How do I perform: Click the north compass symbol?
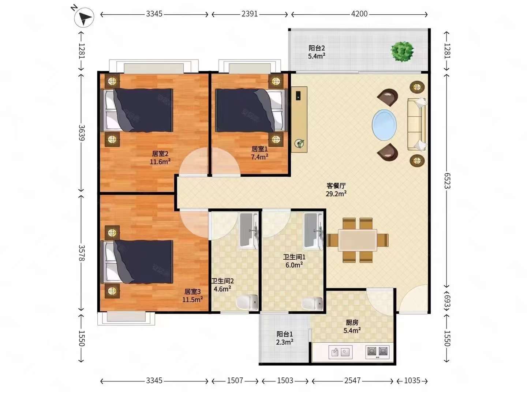(84, 17)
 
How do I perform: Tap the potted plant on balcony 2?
(402, 52)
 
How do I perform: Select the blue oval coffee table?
(384, 125)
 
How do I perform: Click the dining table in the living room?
(358, 240)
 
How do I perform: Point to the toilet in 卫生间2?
(247, 302)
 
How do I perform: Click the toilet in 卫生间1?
(312, 304)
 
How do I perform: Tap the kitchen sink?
(340, 352)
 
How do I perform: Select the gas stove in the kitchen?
(377, 352)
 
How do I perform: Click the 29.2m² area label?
(336, 193)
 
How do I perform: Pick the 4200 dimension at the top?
(359, 14)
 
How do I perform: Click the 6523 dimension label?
(447, 181)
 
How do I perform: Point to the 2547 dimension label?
(352, 381)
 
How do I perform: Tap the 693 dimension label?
(447, 301)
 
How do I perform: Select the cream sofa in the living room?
(417, 124)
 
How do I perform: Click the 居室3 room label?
(192, 291)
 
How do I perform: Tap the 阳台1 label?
(284, 334)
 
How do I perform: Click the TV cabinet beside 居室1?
(299, 120)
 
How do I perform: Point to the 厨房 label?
(352, 323)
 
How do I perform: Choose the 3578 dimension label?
(82, 253)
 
